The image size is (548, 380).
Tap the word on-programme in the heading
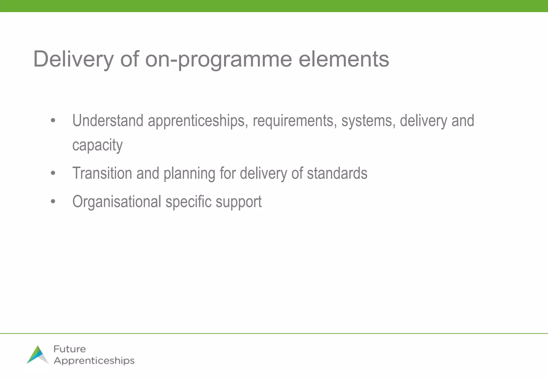point(218,59)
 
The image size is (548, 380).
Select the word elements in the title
point(344,59)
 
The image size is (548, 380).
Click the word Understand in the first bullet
point(108,121)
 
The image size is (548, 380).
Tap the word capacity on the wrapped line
point(97,146)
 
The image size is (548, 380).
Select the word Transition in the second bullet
point(102,173)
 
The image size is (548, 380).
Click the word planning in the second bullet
point(189,174)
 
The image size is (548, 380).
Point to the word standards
point(337,173)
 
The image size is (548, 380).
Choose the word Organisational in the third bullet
point(117,202)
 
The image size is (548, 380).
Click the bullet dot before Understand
point(53,121)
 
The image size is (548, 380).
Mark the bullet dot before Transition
point(53,173)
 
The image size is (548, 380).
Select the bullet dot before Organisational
point(53,202)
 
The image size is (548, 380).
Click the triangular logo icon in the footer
point(38,355)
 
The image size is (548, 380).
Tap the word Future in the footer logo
point(70,349)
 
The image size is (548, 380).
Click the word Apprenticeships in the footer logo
point(94,361)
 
